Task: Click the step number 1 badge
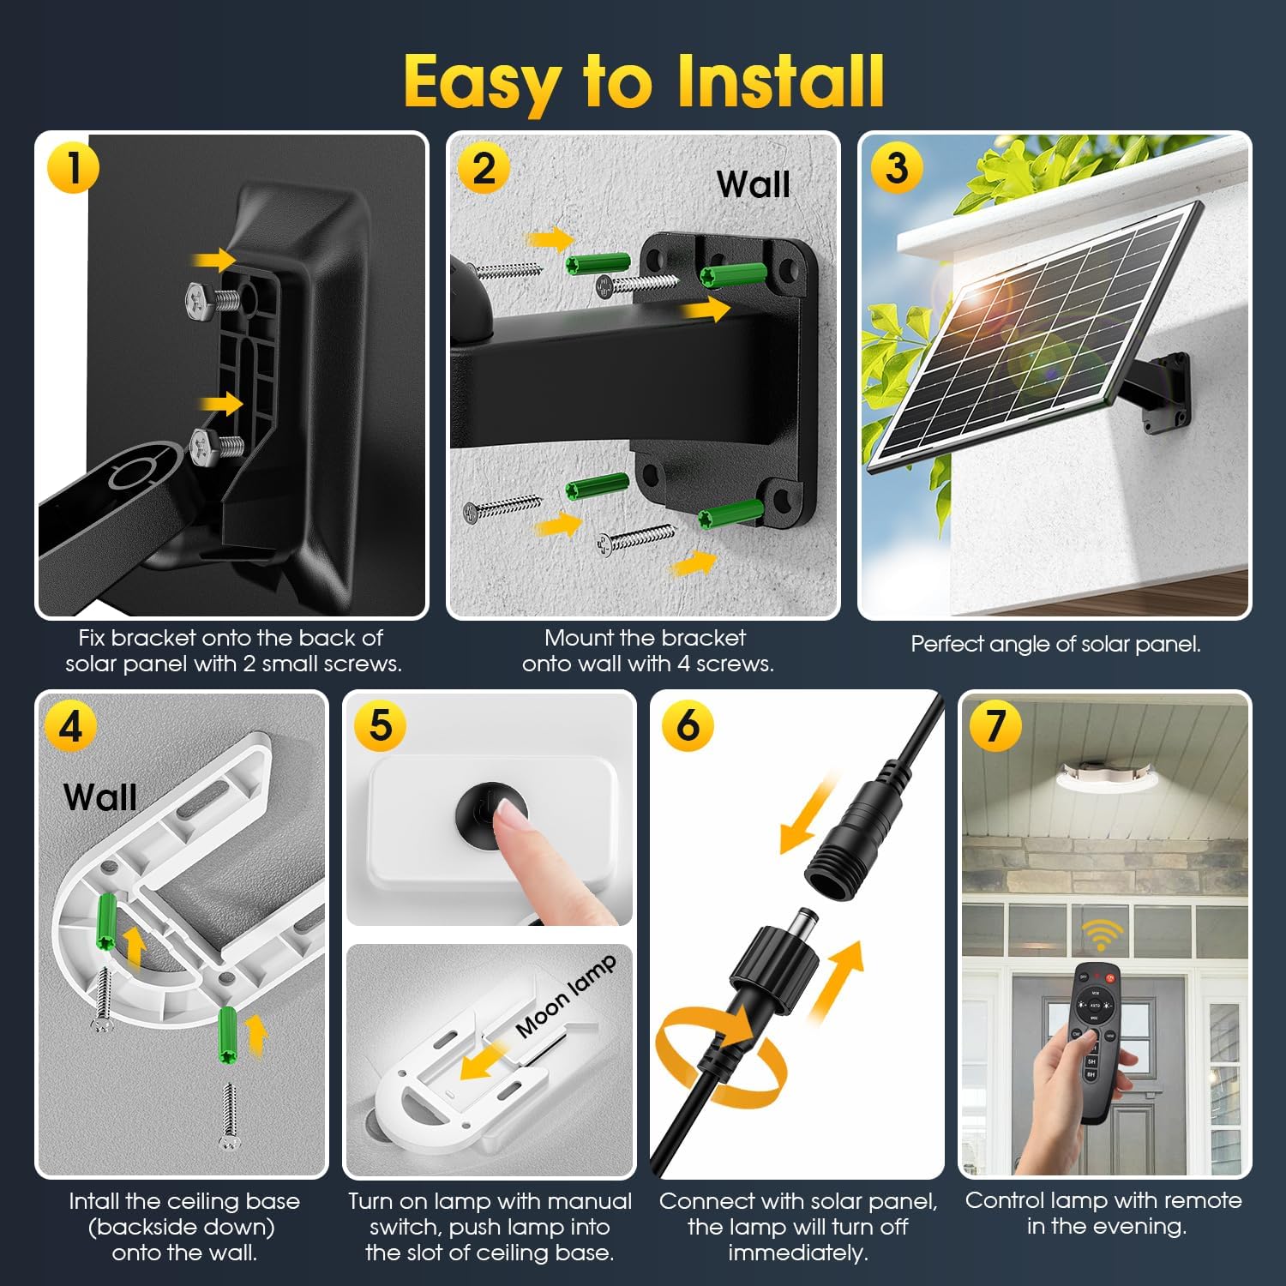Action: pos(73,167)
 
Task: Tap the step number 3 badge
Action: pos(896,167)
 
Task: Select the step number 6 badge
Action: pos(688,725)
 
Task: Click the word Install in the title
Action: pos(780,81)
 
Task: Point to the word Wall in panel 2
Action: pos(753,184)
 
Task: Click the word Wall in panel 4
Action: pos(100,797)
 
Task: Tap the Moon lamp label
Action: pos(566,996)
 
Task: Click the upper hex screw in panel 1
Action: pos(213,299)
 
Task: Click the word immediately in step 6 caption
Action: pos(798,1253)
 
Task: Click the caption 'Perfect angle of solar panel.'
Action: pos(1055,644)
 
